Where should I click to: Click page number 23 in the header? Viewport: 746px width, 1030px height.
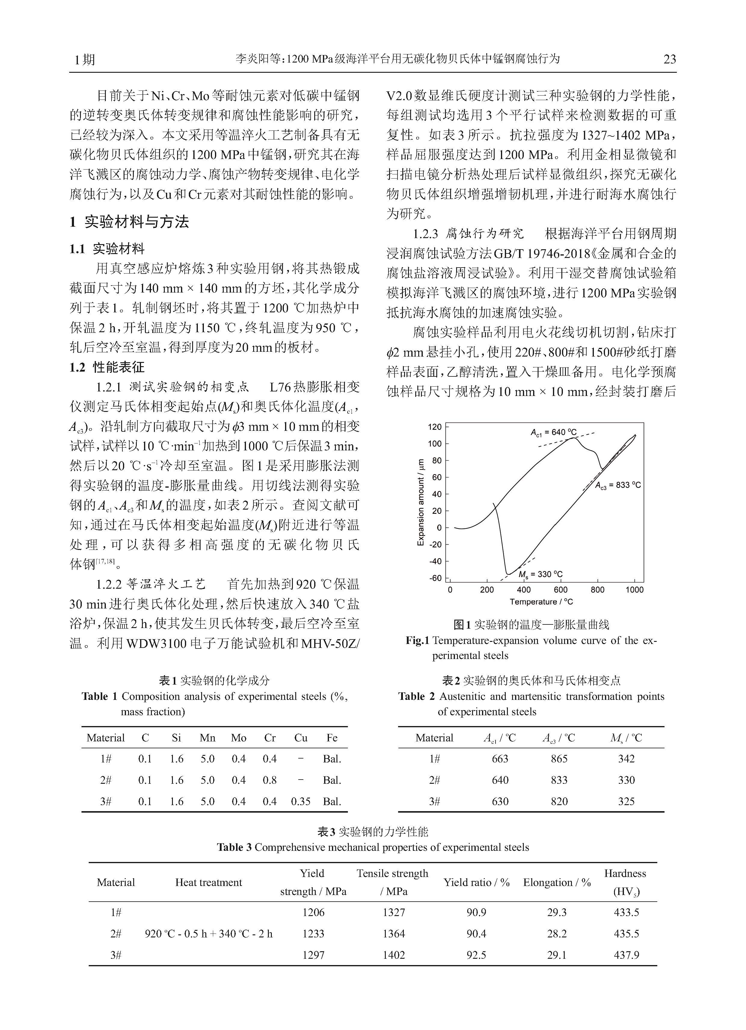670,60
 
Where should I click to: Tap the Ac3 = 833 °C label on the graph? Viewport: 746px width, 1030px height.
618,485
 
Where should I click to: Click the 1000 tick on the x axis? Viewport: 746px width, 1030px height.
634,590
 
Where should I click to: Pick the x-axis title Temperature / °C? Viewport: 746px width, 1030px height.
541,602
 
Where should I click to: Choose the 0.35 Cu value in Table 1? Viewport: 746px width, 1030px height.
301,802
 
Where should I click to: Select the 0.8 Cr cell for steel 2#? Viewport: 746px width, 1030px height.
270,780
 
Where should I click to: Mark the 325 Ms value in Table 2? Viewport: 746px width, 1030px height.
626,802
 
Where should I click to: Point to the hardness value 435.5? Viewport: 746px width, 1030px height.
626,934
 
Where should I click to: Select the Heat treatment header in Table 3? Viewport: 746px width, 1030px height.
209,882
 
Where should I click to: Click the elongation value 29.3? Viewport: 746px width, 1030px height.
557,912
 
